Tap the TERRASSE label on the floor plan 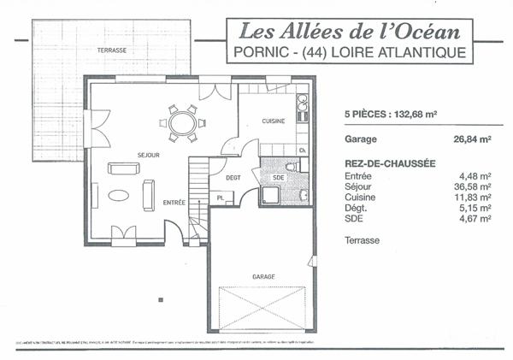(112, 50)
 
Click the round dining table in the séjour (182, 124)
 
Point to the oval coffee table (119, 195)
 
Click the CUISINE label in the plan (273, 121)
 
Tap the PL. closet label (220, 198)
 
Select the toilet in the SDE (291, 167)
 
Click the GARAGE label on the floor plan (263, 277)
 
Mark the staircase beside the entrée (197, 197)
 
